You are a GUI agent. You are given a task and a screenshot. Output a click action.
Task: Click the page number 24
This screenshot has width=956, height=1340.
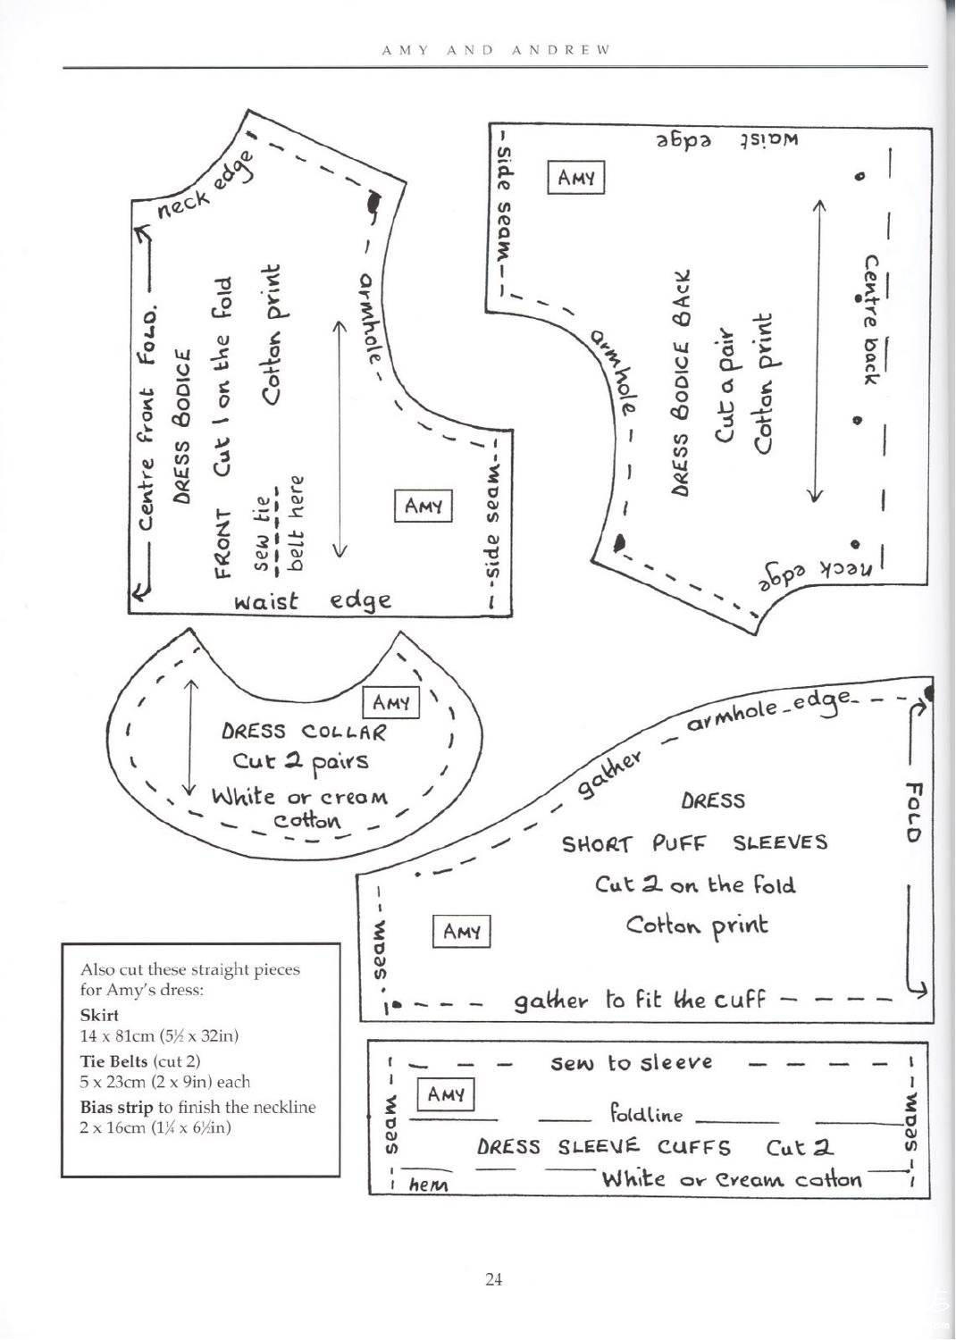[493, 1279]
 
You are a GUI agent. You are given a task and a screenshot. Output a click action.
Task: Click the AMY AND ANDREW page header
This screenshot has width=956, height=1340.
[495, 50]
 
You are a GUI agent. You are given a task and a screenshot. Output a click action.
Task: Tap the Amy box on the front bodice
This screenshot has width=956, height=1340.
[423, 507]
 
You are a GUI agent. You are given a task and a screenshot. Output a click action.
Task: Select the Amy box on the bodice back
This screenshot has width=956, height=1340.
[576, 177]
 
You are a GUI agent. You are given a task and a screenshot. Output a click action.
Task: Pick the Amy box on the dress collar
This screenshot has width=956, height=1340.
[390, 703]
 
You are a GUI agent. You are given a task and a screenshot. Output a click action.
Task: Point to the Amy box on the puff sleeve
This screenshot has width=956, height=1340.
[461, 932]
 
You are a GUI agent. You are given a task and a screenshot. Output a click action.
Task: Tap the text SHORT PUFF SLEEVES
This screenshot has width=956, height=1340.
[694, 843]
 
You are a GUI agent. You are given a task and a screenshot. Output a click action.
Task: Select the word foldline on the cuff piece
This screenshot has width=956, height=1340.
[646, 1115]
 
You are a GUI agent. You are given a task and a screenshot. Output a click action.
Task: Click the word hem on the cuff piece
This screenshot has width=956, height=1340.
[428, 1185]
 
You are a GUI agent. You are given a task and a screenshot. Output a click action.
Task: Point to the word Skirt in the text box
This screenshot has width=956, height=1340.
[99, 1015]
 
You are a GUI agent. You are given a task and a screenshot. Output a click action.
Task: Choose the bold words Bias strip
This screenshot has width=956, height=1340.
[117, 1108]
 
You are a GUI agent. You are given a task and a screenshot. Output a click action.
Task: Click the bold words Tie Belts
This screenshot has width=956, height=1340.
[113, 1061]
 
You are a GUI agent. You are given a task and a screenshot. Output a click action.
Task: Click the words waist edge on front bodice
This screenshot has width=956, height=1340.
[313, 601]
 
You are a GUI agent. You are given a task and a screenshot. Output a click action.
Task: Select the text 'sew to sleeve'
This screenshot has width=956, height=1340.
[631, 1063]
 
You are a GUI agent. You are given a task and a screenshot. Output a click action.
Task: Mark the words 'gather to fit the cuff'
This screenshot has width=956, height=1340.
[640, 1000]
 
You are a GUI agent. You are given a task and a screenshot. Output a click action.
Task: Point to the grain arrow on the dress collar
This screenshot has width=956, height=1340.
[191, 737]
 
